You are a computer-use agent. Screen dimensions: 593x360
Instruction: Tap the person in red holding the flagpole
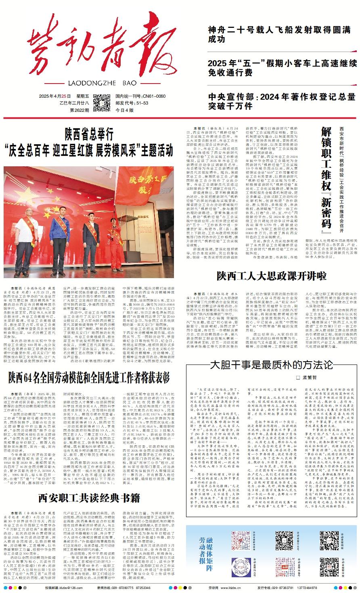[x=117, y=238]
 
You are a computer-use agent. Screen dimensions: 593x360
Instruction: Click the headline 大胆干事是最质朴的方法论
[x=271, y=365]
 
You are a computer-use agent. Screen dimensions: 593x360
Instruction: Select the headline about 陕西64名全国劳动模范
[x=89, y=378]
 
